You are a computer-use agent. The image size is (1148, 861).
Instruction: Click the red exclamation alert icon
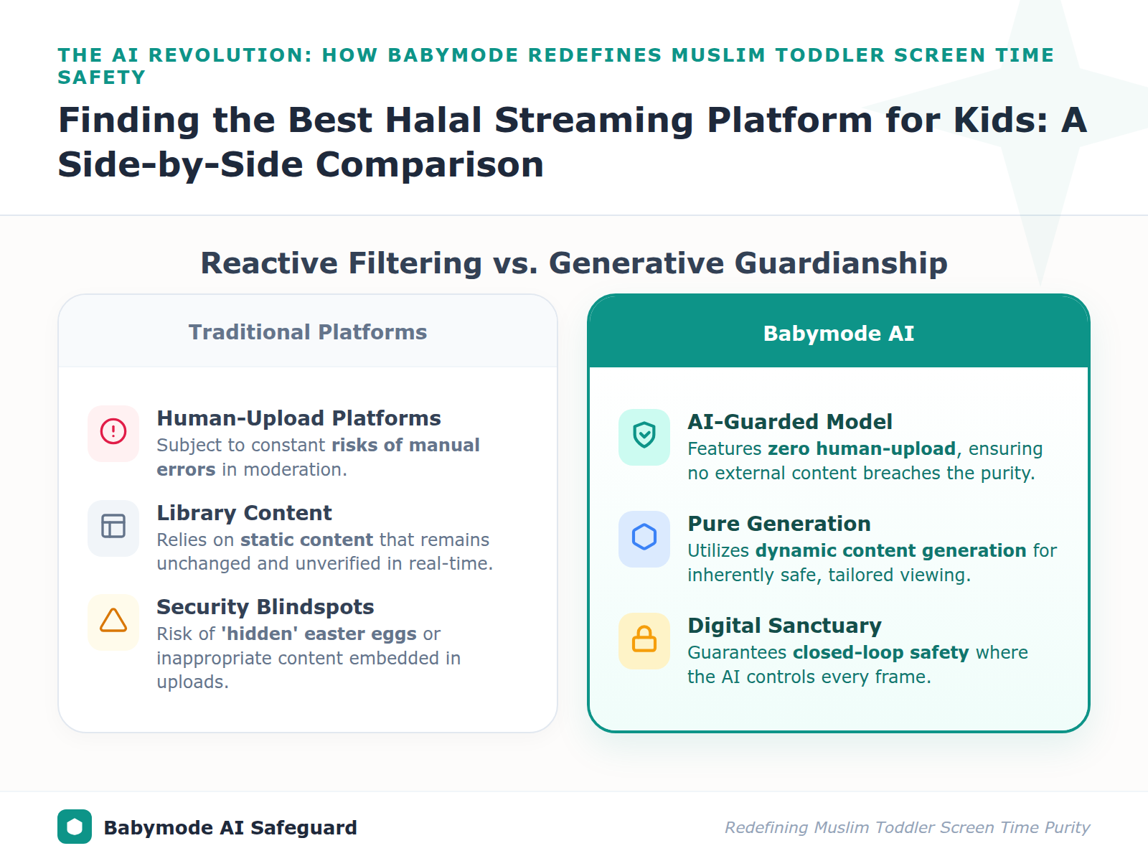tap(113, 432)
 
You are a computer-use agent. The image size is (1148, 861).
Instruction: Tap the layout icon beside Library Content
tap(113, 526)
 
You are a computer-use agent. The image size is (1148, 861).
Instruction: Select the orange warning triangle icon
tap(113, 621)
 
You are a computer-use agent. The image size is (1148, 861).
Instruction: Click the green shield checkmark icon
tap(644, 436)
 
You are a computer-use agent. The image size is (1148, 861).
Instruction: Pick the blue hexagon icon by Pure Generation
tap(644, 537)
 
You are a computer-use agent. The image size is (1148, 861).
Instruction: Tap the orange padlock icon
tap(644, 639)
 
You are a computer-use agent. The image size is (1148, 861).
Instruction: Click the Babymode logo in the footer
tap(75, 827)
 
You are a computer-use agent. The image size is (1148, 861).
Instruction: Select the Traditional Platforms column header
tap(307, 332)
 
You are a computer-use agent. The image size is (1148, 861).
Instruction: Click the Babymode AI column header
tap(838, 334)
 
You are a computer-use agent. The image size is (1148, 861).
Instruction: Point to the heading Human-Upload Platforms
tap(298, 418)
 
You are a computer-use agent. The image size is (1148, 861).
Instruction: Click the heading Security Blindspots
tap(265, 607)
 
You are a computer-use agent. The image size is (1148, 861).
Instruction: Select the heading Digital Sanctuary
tap(784, 626)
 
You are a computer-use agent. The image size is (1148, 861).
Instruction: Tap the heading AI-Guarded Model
tap(789, 422)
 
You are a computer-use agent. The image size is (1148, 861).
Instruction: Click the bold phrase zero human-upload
tap(861, 449)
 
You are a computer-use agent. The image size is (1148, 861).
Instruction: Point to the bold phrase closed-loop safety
tap(880, 653)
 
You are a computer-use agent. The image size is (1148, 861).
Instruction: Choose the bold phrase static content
tap(306, 540)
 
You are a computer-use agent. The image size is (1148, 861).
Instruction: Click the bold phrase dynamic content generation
tap(890, 551)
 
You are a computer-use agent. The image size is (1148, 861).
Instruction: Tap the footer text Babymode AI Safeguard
tap(230, 828)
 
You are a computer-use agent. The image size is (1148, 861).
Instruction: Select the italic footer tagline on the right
tap(907, 828)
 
